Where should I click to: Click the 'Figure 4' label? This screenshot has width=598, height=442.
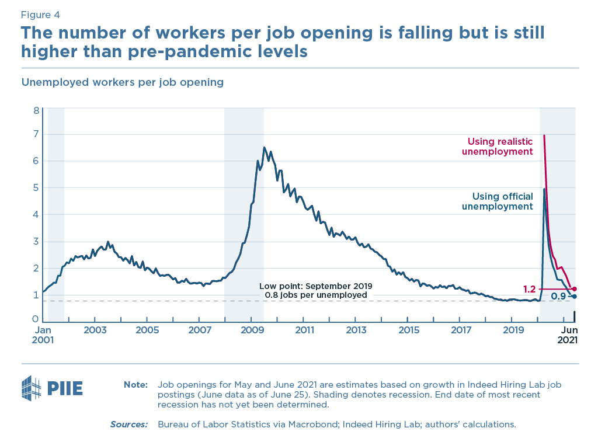40,15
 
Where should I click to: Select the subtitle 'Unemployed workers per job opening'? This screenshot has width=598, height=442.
123,82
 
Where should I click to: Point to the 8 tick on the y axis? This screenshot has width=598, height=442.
36,110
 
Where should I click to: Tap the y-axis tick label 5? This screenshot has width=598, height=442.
36,188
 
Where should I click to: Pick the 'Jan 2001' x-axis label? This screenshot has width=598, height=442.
43,335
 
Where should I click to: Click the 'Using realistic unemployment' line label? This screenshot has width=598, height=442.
500,147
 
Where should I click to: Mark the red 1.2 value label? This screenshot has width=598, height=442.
529,289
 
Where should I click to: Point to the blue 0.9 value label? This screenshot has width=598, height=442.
559,297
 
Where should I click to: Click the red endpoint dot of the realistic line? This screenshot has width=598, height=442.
574,289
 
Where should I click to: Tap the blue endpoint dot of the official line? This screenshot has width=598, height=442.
574,297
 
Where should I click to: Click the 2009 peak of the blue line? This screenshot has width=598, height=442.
264,147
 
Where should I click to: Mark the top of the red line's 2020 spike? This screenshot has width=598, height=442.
544,135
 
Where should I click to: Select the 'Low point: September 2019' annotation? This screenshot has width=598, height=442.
316,286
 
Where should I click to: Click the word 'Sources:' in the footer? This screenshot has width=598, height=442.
129,424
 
